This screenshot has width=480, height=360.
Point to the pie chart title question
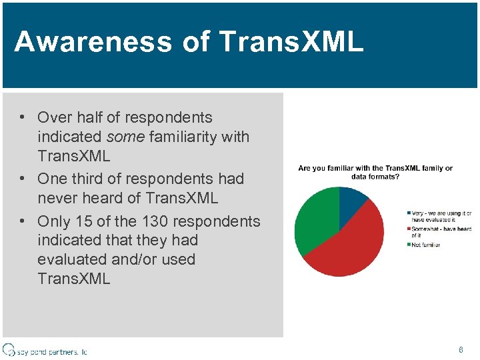[375, 172]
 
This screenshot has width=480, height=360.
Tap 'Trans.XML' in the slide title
[291, 41]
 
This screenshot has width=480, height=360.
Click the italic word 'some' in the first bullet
[127, 137]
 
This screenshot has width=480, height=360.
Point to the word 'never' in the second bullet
[57, 199]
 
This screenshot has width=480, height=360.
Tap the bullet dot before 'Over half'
[22, 117]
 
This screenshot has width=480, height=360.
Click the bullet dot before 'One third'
[22, 179]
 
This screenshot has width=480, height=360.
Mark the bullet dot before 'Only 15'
[22, 221]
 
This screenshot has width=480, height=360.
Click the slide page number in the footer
[460, 350]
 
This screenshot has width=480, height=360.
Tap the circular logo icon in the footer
[9, 349]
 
